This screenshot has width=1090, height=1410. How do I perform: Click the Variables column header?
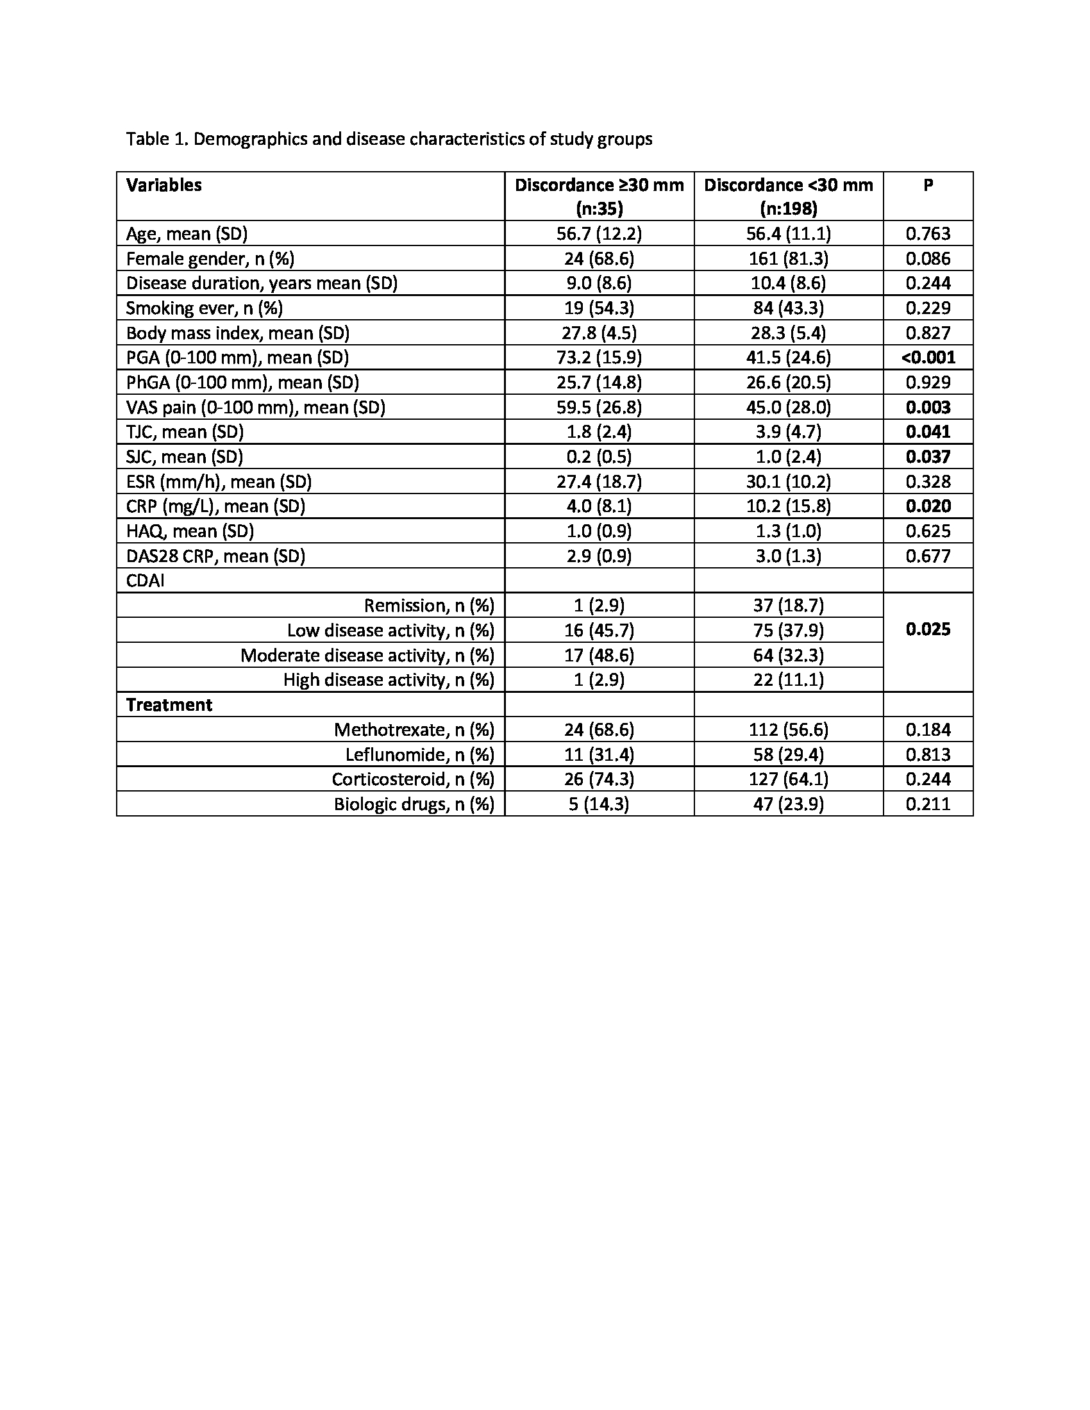(164, 185)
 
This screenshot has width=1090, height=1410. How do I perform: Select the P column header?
(928, 185)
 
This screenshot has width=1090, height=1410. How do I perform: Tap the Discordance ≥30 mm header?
(599, 186)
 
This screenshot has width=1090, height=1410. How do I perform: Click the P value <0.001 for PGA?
(928, 358)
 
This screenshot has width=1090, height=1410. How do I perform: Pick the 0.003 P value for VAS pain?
(928, 408)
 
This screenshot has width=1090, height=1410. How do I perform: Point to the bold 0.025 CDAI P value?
(928, 629)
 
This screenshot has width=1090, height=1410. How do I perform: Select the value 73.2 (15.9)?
(599, 358)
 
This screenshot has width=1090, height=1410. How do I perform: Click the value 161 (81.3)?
(789, 259)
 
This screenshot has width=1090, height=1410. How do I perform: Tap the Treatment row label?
(169, 705)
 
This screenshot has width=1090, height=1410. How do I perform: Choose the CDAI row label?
(146, 581)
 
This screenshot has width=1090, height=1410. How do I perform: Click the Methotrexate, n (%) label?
(414, 729)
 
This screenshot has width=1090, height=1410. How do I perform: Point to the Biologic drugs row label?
(414, 804)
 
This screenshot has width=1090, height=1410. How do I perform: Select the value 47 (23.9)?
(789, 804)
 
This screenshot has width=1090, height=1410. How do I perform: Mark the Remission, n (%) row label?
(429, 606)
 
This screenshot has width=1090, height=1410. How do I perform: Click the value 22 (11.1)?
(789, 680)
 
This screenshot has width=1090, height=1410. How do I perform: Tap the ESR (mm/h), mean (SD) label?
(219, 481)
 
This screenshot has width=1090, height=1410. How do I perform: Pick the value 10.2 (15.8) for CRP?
(789, 506)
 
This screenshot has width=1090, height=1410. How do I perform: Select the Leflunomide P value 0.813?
(928, 754)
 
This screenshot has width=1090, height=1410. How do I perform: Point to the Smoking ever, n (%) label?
(204, 308)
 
